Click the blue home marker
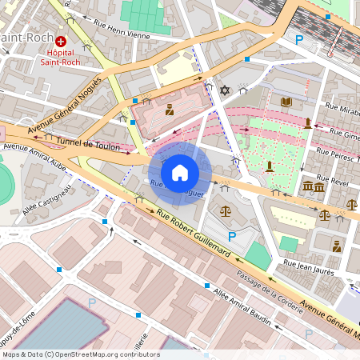pos(180,172)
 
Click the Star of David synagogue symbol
pos(225,90)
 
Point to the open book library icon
pos(286,102)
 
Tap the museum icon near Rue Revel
pos(314,186)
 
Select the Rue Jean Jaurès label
pos(308,264)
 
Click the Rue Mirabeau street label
pos(342,106)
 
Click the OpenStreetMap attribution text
pos(80,354)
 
